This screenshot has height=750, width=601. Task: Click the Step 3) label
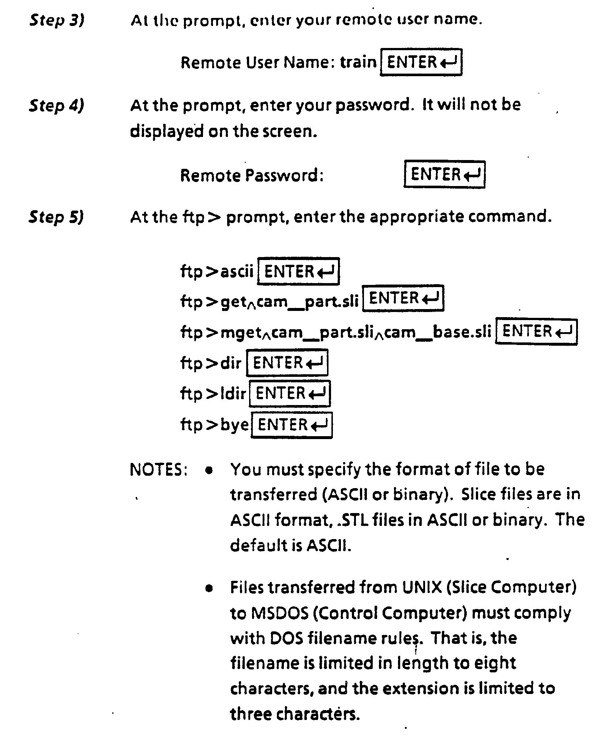57,21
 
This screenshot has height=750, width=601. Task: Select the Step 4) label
57,106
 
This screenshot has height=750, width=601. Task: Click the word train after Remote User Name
358,62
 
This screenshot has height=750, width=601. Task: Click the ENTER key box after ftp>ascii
298,271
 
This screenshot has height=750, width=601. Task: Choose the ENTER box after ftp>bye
292,425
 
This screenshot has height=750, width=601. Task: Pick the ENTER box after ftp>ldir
290,394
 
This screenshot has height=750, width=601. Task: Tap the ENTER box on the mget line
536,332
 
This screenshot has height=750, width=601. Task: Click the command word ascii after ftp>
237,271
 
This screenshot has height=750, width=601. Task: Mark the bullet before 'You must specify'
209,471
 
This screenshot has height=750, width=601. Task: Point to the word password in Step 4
373,105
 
